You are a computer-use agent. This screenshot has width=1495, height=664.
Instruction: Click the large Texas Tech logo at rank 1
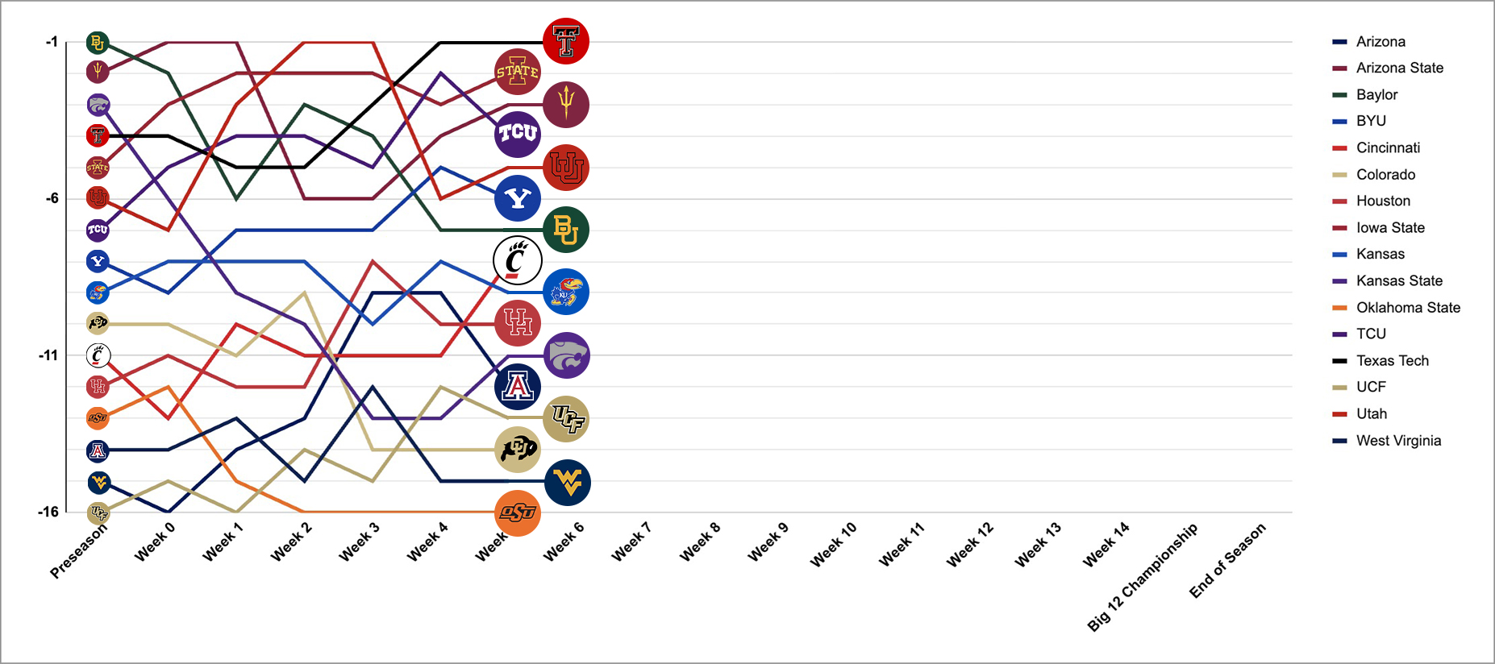click(x=566, y=41)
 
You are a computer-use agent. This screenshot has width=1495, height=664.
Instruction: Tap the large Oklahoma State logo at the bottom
click(x=518, y=513)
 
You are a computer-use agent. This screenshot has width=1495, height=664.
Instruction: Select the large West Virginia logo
click(x=568, y=483)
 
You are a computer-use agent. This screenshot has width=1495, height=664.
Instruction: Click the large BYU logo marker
click(x=518, y=198)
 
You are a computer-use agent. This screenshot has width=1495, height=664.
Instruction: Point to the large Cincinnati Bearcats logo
click(x=518, y=260)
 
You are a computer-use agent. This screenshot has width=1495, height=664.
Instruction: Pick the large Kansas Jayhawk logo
click(x=566, y=292)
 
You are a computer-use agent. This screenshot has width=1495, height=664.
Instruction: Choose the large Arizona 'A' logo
click(x=518, y=387)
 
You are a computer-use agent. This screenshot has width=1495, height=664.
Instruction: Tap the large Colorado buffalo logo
click(x=518, y=450)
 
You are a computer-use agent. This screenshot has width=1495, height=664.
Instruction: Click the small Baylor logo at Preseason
click(x=98, y=43)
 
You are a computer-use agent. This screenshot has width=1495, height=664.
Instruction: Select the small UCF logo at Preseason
click(x=98, y=513)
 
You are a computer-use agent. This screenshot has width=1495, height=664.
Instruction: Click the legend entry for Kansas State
click(x=1399, y=280)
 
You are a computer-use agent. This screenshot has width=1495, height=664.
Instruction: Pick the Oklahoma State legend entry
click(x=1408, y=307)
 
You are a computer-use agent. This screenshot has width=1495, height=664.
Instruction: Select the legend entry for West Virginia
click(x=1398, y=440)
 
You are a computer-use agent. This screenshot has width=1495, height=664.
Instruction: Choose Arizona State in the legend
click(x=1399, y=68)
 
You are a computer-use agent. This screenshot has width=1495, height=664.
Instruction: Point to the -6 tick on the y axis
click(x=52, y=198)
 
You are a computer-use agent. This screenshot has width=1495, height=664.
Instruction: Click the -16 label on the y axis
click(x=48, y=512)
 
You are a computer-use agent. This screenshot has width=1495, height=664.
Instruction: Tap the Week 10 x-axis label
click(x=834, y=544)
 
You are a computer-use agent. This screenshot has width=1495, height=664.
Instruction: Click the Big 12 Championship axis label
click(x=1143, y=576)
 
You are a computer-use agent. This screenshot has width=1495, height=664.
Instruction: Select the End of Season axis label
click(x=1228, y=560)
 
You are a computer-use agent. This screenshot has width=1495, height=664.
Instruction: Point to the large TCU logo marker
click(x=518, y=134)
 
